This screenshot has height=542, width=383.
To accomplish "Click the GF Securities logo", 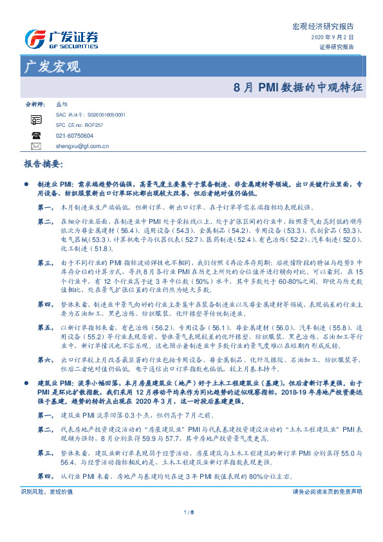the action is pos(61,39).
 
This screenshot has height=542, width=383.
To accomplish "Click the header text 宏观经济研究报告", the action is pos(322,26).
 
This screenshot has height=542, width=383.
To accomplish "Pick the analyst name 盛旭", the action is pos(62,104).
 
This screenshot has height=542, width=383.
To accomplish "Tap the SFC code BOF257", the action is pos(98,124).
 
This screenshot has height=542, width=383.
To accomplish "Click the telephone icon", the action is pos(35,136).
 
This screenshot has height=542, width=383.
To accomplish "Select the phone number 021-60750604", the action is pos(74,136).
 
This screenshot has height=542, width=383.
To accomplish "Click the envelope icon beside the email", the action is pos(35,147).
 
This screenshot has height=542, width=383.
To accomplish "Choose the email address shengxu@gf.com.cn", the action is pos(79,147).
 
